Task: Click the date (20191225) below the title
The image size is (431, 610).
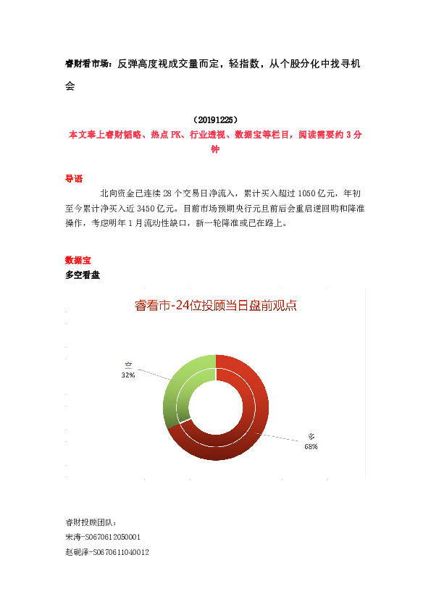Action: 215,120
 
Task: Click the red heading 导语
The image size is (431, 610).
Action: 74,178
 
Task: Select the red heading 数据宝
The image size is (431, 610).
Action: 78,259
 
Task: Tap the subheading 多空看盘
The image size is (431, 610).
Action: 83,275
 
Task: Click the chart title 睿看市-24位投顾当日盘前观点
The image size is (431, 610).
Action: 216,306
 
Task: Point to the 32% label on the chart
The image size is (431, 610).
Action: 128,375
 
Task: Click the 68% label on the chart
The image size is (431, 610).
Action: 311,447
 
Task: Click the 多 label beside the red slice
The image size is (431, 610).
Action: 311,437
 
